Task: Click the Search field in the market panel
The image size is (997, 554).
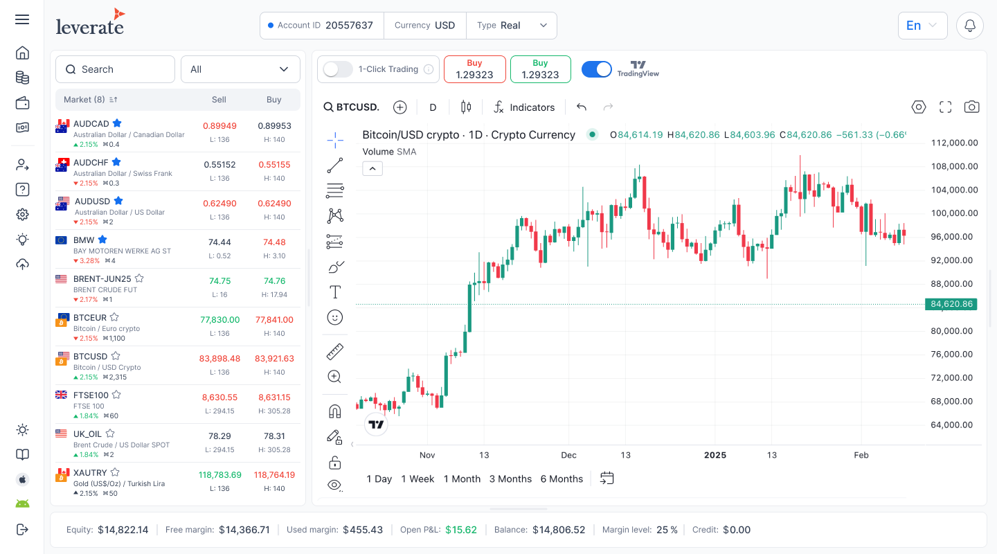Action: point(115,69)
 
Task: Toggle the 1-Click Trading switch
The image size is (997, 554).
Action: point(339,69)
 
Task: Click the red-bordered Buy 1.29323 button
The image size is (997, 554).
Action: point(474,69)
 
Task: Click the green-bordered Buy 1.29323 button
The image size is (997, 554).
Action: point(540,69)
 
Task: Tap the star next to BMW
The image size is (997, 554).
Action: point(102,240)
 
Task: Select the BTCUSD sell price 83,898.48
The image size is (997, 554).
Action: point(219,359)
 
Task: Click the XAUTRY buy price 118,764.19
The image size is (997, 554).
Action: point(274,475)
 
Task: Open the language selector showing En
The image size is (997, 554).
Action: point(922,26)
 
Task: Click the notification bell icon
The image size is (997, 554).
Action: point(970,26)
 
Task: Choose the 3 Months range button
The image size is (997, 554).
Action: point(510,479)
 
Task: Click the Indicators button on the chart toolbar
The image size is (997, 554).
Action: point(524,107)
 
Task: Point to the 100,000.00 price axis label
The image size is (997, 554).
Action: point(954,213)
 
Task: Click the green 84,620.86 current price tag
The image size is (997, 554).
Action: point(951,304)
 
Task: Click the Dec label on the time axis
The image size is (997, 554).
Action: point(568,455)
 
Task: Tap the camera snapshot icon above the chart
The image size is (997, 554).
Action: point(972,107)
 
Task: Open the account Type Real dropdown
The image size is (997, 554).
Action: point(512,26)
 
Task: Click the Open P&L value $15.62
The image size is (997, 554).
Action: point(460,530)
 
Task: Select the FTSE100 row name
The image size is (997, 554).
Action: point(91,395)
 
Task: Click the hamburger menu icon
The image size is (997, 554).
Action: point(22,19)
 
